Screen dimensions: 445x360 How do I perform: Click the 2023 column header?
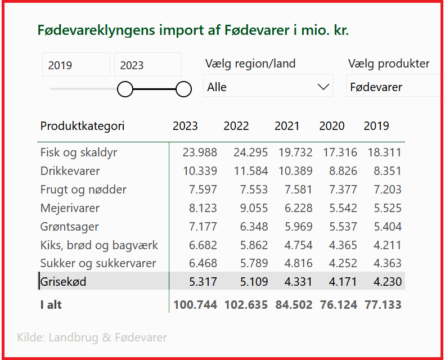[185, 125]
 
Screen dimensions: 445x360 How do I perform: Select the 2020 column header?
[332, 125]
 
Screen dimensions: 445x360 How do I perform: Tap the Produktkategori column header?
[82, 126]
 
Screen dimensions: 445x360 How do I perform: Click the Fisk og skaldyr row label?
[79, 152]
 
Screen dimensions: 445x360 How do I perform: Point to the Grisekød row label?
[63, 282]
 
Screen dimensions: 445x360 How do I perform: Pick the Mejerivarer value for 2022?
[254, 208]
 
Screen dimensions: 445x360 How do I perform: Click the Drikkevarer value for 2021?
[295, 171]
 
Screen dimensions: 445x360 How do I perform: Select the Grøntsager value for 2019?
[388, 227]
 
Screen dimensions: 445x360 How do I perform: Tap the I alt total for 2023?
[195, 305]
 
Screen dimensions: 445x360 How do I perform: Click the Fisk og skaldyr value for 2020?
[340, 152]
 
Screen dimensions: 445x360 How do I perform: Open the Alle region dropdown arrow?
[323, 87]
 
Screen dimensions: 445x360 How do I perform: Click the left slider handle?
[125, 89]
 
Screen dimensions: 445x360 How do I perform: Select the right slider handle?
[183, 89]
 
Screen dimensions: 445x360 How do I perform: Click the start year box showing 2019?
[76, 64]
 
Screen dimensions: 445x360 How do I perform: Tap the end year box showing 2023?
[148, 64]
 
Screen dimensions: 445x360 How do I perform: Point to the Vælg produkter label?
[389, 64]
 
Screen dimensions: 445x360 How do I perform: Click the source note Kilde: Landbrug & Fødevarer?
[92, 337]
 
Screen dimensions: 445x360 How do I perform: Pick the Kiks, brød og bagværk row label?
[99, 245]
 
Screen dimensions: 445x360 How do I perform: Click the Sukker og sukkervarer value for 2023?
[203, 263]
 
